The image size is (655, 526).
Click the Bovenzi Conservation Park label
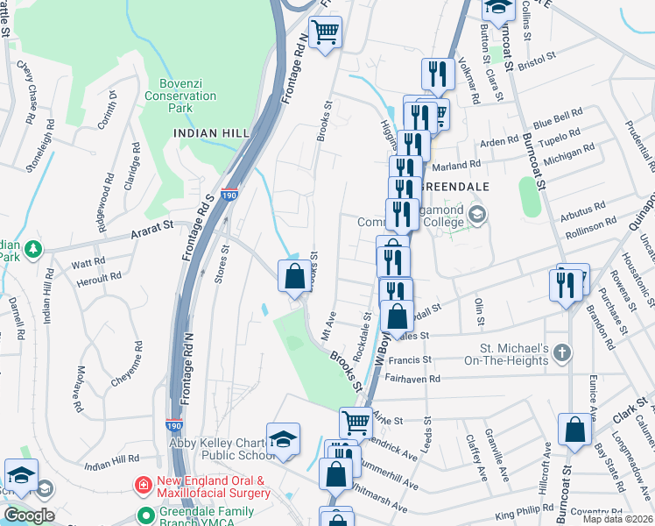click(181, 96)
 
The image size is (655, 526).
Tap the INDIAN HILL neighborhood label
click(208, 133)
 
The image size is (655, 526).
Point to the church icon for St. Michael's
click(562, 352)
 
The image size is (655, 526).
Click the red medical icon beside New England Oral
click(141, 484)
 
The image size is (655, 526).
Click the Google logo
click(29, 515)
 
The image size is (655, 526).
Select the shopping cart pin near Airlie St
click(356, 422)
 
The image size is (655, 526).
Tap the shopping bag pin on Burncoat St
click(576, 430)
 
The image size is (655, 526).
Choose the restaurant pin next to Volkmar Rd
click(438, 74)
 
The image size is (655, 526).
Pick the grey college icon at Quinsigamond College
click(477, 215)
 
